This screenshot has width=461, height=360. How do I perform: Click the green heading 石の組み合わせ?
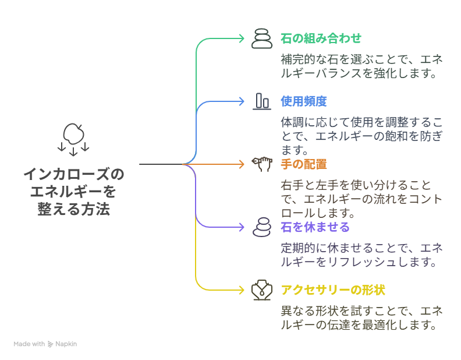(321, 38)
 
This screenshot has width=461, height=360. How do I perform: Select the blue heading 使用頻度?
(304, 101)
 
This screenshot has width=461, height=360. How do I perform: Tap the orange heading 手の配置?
(304, 164)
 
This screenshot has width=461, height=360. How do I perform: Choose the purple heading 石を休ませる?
(315, 227)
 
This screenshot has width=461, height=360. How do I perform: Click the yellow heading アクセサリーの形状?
(333, 290)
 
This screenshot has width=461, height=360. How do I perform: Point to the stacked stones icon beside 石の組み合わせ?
(262, 38)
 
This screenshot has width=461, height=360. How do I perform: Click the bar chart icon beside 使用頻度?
(262, 101)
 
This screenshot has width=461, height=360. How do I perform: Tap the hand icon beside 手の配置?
(262, 164)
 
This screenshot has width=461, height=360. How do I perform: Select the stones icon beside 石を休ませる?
(262, 227)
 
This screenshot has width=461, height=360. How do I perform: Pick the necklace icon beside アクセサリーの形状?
(262, 290)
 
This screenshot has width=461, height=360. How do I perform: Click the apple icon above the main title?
(73, 134)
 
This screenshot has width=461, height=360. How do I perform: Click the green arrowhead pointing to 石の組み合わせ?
(242, 38)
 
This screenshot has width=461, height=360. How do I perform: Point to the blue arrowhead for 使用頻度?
(242, 101)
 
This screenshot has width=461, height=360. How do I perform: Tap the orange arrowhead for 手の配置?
(242, 164)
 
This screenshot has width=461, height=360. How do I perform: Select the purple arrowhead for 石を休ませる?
(242, 227)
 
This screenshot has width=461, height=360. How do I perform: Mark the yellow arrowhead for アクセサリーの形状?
(242, 290)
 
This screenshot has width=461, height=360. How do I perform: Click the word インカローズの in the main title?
(74, 174)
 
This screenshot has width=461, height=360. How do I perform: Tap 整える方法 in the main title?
(74, 209)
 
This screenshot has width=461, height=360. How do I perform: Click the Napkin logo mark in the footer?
(50, 344)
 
